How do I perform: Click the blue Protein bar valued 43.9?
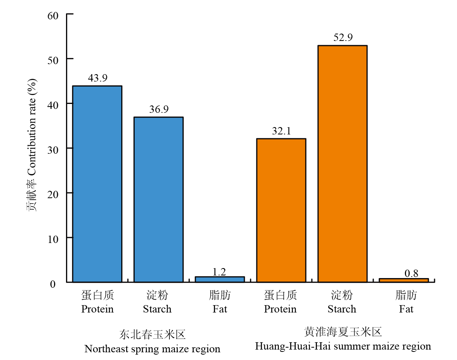pyautogui.click(x=97, y=184)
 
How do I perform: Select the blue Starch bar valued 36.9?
pyautogui.click(x=158, y=199)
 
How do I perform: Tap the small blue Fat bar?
pyautogui.click(x=220, y=279)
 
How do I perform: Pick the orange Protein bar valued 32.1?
pyautogui.click(x=281, y=210)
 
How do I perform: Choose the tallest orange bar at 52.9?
pyautogui.click(x=342, y=164)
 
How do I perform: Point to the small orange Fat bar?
pyautogui.click(x=404, y=280)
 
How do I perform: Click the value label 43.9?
pyautogui.click(x=98, y=78)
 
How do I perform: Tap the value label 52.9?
pyautogui.click(x=343, y=38)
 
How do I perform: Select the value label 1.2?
pyautogui.click(x=219, y=272)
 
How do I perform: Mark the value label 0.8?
pyautogui.click(x=411, y=273)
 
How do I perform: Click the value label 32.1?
pyautogui.click(x=281, y=131)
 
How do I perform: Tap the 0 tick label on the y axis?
pyautogui.click(x=53, y=284)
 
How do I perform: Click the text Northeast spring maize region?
pyautogui.click(x=152, y=349)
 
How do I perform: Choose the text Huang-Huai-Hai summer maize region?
pyautogui.click(x=343, y=346)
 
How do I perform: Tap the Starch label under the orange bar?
pyautogui.click(x=342, y=309)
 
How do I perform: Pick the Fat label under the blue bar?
pyautogui.click(x=220, y=309)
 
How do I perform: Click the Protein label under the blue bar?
pyautogui.click(x=97, y=309)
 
